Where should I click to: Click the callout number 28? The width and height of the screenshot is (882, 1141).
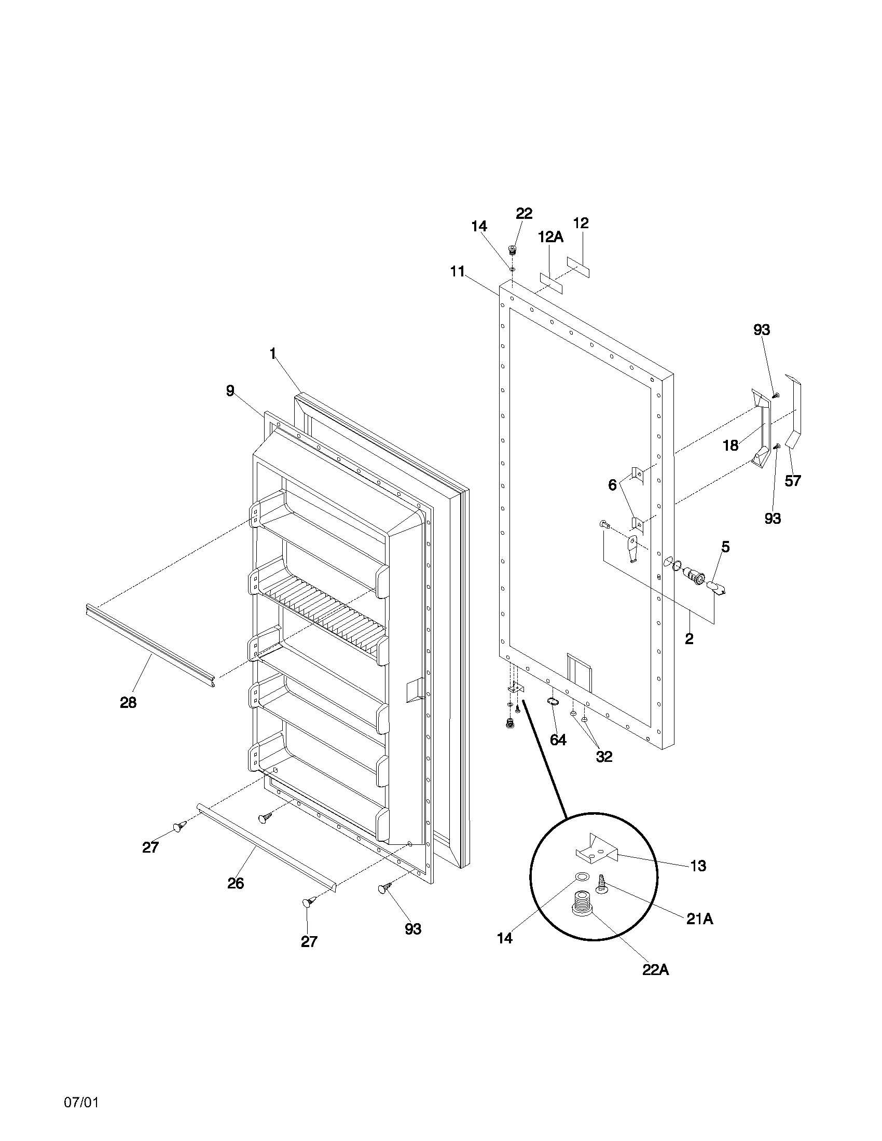pos(128,703)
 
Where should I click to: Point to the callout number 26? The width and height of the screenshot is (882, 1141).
pos(236,883)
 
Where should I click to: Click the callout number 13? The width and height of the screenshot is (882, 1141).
pos(698,866)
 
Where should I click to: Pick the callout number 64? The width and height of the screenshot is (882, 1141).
pos(558,740)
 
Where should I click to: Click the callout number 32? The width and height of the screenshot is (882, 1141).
pos(604,756)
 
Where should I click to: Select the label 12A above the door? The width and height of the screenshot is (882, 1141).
pos(550,237)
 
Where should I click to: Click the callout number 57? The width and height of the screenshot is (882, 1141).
pos(793,481)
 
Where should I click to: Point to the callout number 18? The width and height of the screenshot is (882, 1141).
pos(731,445)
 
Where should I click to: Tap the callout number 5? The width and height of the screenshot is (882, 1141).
pos(725,547)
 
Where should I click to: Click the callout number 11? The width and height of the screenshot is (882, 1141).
pos(458,272)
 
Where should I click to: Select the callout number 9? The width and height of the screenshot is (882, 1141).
pos(230,390)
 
